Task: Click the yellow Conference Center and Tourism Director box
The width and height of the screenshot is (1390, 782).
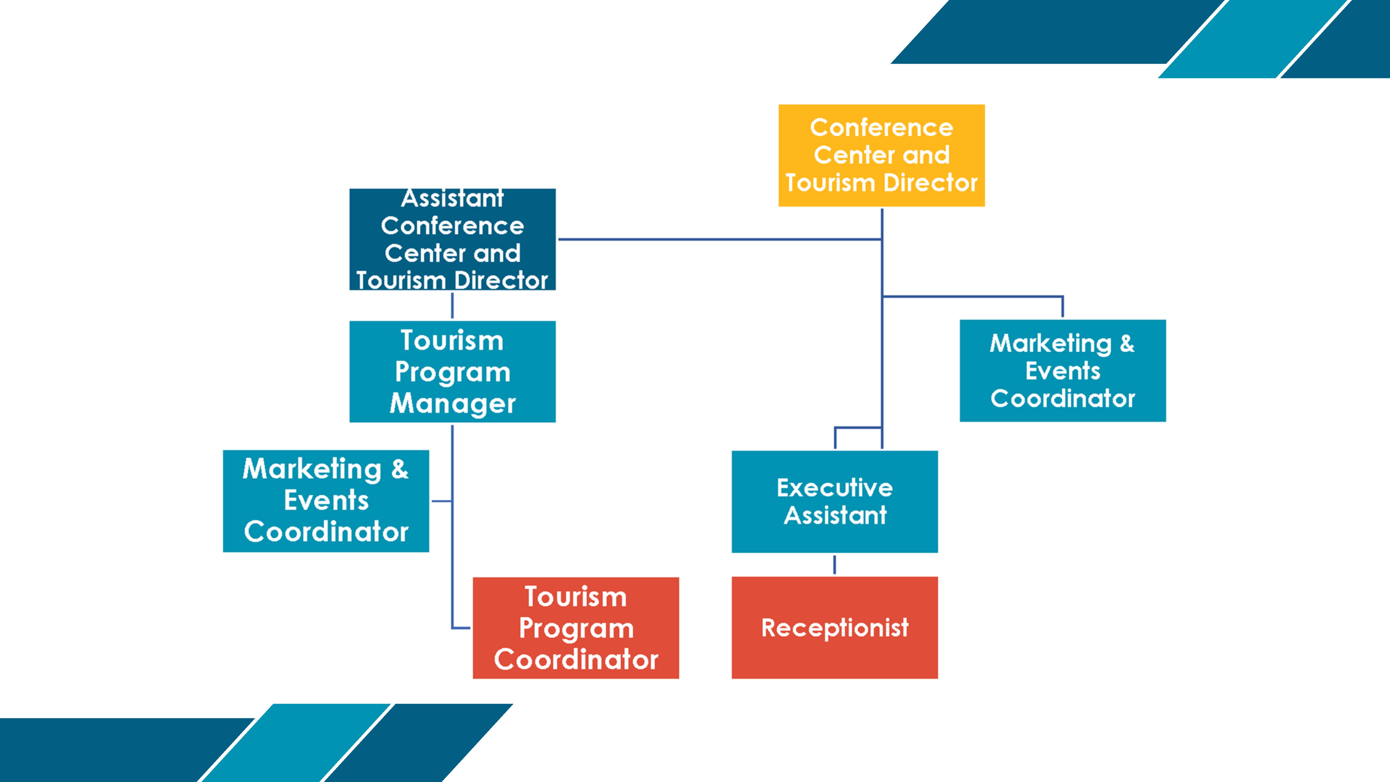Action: [x=881, y=155]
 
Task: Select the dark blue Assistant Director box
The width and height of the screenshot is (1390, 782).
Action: [x=452, y=239]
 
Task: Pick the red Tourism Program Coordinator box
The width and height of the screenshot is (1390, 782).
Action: [x=576, y=628]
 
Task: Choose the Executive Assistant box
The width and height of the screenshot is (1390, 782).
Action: [x=834, y=501]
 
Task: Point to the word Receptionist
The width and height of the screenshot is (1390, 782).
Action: [x=834, y=628]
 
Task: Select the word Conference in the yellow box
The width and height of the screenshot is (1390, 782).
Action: [x=881, y=127]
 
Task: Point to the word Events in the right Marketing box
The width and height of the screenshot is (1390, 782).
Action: [x=1062, y=371]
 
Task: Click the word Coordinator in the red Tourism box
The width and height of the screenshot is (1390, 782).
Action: [x=576, y=659]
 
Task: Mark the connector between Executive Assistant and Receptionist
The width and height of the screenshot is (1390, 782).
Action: [x=835, y=564]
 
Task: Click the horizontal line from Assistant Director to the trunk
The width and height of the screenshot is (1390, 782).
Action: [x=718, y=239]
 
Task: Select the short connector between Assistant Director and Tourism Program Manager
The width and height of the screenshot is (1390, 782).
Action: [x=452, y=305]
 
